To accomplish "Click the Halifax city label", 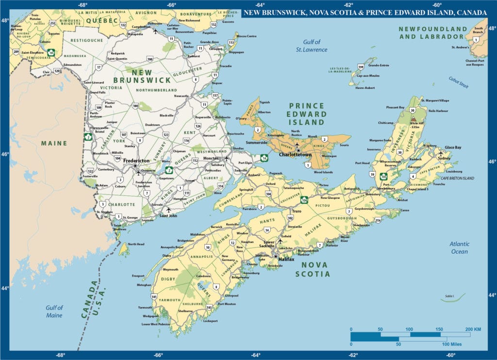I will (x=287, y=259).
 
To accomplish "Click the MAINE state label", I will (x=54, y=143).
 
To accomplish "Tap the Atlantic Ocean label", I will (x=459, y=248).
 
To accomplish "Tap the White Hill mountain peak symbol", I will (x=414, y=118).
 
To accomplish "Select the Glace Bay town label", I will (x=454, y=147).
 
